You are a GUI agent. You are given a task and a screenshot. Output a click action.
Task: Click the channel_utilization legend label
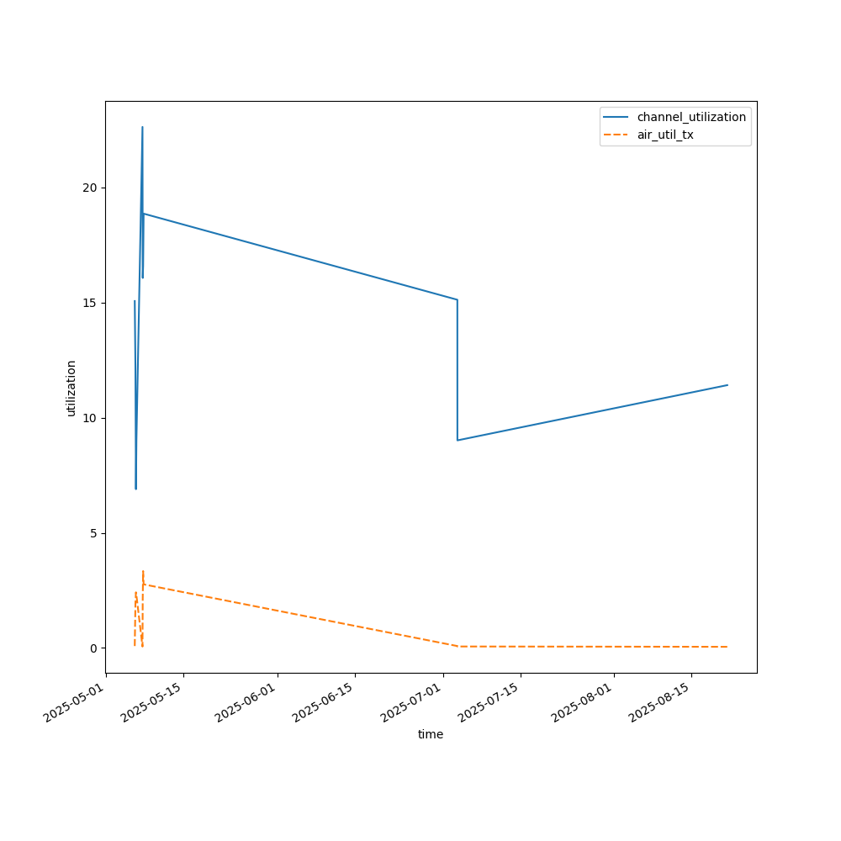[691, 117]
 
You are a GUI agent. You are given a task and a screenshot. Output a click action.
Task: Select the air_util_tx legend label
[665, 135]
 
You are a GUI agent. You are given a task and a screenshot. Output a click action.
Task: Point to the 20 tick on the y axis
[88, 188]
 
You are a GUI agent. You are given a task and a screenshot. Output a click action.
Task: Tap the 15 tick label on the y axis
[88, 303]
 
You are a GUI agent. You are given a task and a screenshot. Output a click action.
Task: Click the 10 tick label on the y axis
[88, 418]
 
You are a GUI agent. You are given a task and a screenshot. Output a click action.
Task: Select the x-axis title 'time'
[431, 734]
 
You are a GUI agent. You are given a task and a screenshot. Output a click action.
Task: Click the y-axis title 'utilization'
[71, 388]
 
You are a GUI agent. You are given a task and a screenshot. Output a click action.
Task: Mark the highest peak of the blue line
[142, 127]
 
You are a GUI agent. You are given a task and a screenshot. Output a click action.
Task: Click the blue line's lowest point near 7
[135, 489]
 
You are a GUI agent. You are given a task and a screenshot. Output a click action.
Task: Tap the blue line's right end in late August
[727, 385]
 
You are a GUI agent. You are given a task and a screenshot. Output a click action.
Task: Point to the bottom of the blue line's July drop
[458, 440]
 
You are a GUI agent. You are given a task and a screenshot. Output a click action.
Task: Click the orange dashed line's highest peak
[143, 571]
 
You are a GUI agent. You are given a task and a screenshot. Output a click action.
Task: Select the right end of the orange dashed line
[727, 647]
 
